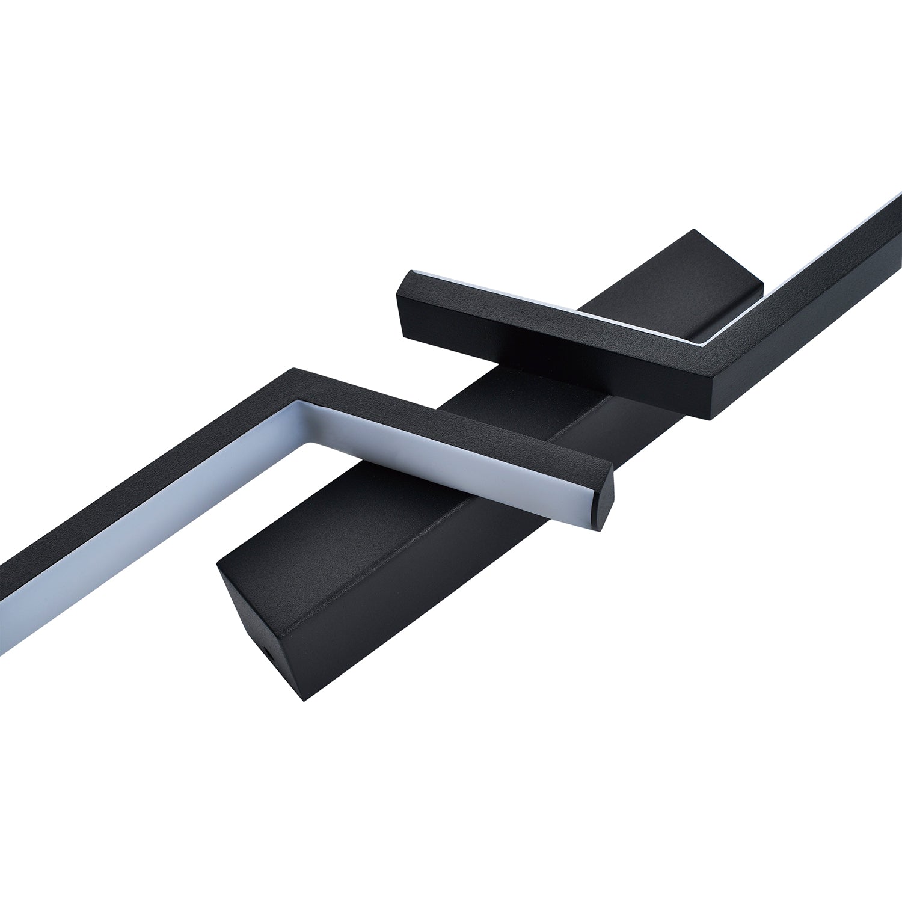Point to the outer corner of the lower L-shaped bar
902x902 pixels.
point(293,369)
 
